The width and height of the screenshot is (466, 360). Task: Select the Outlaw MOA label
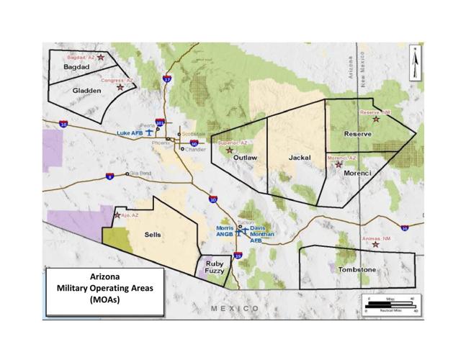point(246,156)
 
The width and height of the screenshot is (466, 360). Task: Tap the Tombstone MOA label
point(357,269)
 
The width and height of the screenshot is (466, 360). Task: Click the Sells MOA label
point(153,235)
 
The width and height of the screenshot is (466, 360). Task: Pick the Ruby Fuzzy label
point(215,268)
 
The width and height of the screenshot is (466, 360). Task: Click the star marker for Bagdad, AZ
point(101,57)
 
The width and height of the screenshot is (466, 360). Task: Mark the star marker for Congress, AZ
point(120,87)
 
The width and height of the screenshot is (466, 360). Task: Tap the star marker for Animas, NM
point(375,244)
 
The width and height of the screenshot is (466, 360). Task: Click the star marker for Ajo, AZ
point(117,215)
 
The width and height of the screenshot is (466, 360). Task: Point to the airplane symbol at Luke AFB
point(150,132)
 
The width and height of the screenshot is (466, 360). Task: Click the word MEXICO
point(235,307)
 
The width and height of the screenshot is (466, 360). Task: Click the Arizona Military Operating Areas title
point(102,288)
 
